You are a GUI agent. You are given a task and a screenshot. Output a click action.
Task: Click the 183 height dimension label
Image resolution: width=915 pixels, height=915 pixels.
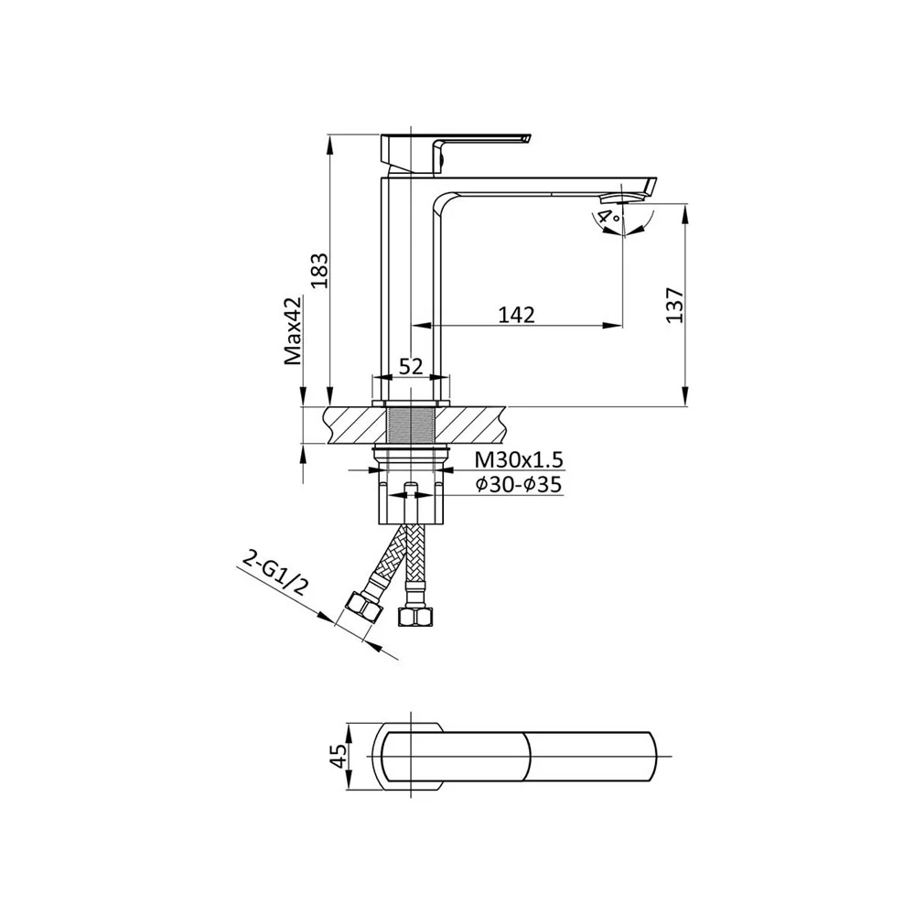click(320, 271)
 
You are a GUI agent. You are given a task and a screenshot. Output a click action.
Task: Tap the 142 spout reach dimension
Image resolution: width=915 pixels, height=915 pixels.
click(516, 315)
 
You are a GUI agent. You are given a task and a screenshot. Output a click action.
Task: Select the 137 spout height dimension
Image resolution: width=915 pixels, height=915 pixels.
click(674, 305)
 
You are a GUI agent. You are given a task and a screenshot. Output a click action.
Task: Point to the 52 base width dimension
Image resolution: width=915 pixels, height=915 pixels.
click(411, 367)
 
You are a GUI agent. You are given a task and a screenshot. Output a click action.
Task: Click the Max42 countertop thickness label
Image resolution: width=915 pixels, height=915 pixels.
click(294, 331)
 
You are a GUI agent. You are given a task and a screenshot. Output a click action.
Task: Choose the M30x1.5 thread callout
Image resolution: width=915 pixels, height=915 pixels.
click(519, 460)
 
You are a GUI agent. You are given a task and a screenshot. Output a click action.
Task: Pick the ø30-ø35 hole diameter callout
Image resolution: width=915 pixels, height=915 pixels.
click(519, 484)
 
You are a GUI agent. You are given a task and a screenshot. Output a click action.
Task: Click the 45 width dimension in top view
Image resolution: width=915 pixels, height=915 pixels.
click(338, 758)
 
